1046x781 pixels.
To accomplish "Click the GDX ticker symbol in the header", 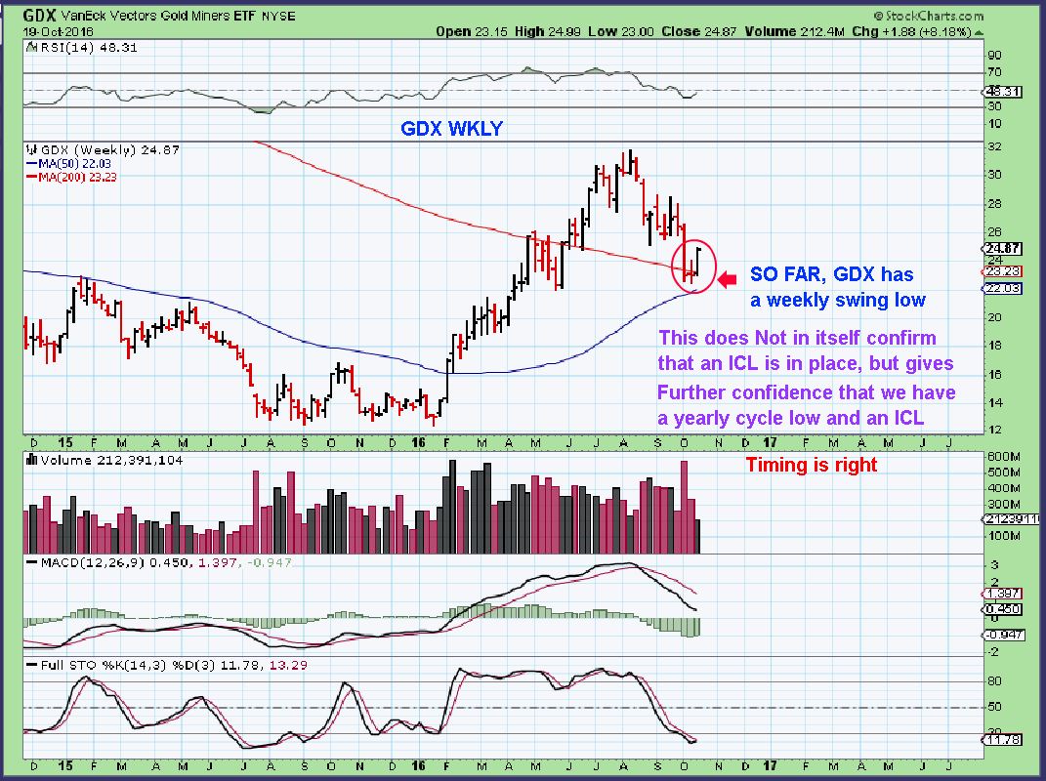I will click(x=38, y=16).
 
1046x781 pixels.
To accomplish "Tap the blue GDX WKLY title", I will click(x=451, y=128).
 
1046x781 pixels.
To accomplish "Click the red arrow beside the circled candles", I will click(x=727, y=281).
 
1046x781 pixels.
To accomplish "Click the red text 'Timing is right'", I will click(x=812, y=465).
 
